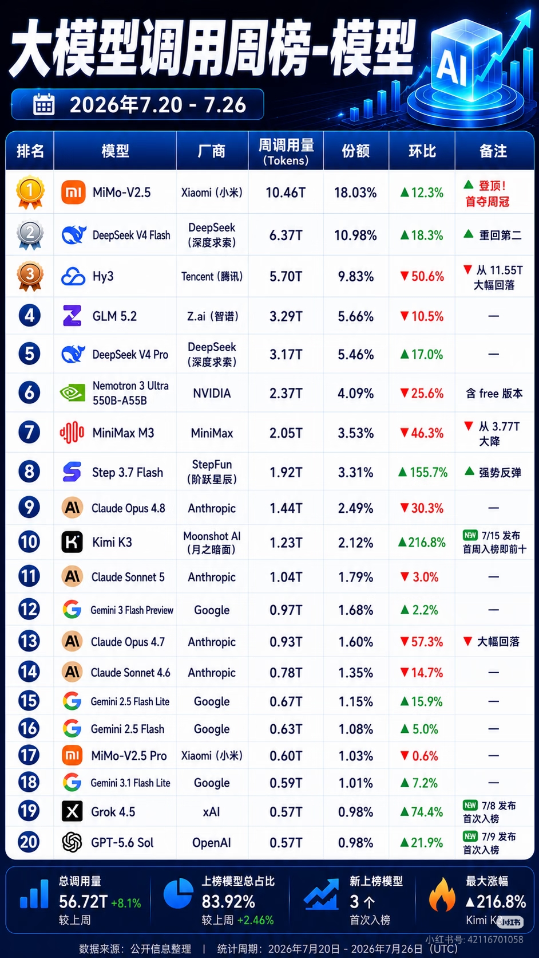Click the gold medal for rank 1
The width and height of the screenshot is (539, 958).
[30, 191]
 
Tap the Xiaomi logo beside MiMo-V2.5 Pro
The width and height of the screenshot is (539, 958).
[72, 756]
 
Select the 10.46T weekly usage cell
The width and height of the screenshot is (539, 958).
[286, 193]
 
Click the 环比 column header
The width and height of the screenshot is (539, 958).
[422, 151]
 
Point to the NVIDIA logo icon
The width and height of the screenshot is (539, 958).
[72, 392]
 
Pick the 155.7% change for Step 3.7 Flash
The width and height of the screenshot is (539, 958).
[423, 472]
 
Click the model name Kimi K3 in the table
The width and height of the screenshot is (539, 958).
[112, 542]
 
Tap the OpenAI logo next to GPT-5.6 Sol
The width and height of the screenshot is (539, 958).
[72, 842]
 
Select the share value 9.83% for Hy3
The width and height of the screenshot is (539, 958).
[356, 276]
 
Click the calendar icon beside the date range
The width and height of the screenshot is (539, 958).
[43, 104]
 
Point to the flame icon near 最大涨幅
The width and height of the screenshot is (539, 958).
[442, 894]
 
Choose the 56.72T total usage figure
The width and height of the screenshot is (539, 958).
[83, 901]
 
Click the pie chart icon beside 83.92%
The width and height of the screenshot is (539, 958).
[178, 893]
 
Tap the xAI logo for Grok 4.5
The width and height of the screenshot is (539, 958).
[72, 811]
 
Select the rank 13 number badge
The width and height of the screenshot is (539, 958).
[29, 641]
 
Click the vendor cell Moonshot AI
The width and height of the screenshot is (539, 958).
[212, 542]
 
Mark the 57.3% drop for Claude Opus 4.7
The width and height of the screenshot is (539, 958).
[421, 642]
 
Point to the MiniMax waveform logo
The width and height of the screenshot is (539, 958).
[72, 433]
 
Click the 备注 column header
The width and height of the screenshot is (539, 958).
[493, 151]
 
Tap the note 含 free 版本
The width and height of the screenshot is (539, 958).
[494, 393]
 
